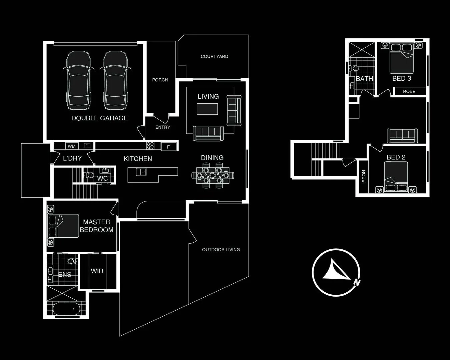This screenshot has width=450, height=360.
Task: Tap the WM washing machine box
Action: click(71, 146)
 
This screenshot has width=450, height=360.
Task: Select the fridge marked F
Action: click(168, 146)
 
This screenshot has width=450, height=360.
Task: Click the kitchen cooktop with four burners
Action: click(150, 146)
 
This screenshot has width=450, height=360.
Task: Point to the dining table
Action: click(212, 175)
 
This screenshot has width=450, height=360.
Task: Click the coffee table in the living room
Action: click(207, 109)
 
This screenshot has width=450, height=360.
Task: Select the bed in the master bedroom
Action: click(63, 226)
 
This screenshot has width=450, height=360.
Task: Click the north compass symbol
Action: click(336, 272)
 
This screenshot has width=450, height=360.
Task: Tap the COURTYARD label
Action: click(214, 56)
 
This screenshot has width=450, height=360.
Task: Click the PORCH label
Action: click(160, 80)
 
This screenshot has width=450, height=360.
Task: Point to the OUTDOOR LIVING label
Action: click(221, 249)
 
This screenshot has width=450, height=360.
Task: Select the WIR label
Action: click(97, 271)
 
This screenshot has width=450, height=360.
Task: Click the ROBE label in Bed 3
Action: click(409, 91)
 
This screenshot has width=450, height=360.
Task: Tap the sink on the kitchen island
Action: click(141, 172)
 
